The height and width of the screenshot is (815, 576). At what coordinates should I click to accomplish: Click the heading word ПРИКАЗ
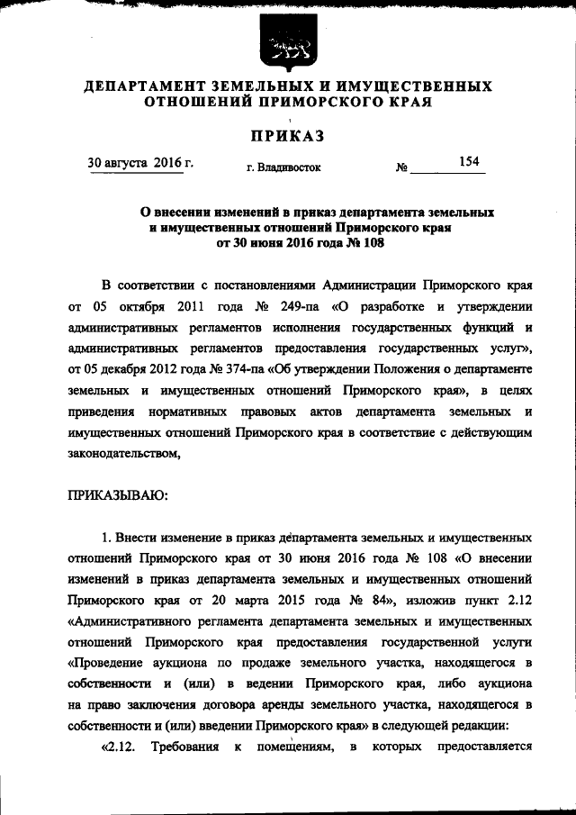point(287,136)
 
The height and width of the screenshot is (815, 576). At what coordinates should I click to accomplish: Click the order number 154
point(468,162)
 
